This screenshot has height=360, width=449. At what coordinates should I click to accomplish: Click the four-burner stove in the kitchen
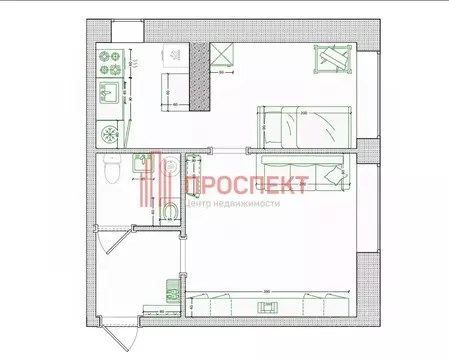[107, 65]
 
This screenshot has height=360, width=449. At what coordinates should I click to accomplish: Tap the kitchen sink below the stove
[107, 98]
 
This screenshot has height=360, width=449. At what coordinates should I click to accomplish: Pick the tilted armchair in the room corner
[333, 62]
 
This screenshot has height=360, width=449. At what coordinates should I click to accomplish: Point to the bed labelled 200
[304, 124]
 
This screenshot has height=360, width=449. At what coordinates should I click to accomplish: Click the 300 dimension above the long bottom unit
[268, 291]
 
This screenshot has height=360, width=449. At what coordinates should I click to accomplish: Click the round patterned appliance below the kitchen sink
[107, 132]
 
